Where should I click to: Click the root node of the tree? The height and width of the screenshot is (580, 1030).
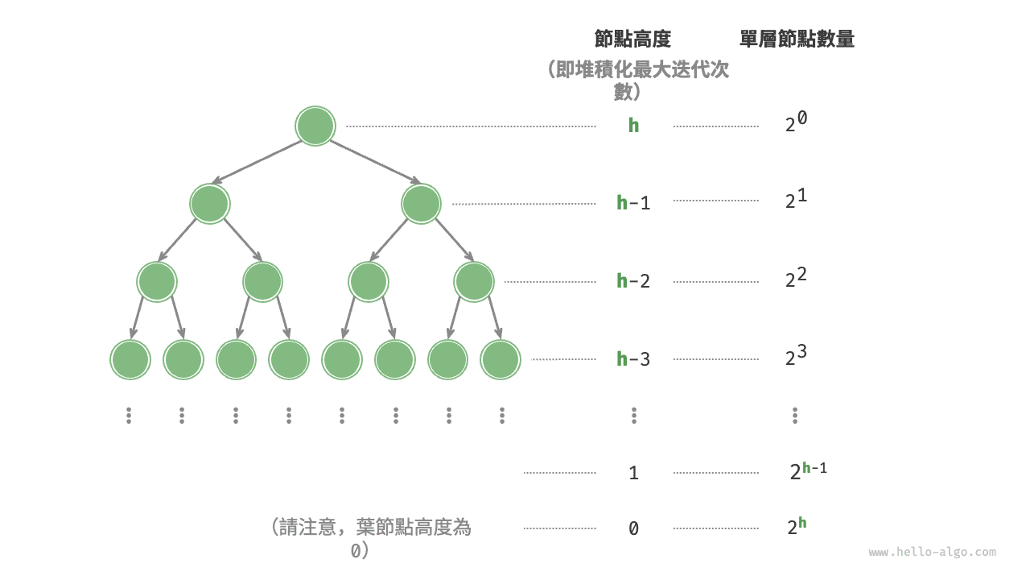[x=315, y=126]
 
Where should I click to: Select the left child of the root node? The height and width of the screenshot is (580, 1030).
[x=210, y=204]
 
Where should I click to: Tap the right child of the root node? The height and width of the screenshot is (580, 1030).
[x=421, y=204]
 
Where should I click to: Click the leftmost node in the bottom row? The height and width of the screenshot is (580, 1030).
[x=130, y=359]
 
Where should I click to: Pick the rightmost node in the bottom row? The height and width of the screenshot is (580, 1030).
[x=501, y=359]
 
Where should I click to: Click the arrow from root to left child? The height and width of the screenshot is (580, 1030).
[x=257, y=162]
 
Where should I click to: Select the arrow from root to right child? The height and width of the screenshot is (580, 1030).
[x=375, y=162]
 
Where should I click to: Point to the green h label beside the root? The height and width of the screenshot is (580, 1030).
[x=633, y=125]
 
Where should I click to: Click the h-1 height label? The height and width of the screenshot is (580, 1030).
[x=633, y=202]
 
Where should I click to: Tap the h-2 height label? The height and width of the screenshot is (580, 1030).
[x=633, y=281]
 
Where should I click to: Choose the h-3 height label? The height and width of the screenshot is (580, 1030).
[x=633, y=359]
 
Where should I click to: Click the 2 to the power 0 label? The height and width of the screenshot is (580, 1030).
[x=796, y=122]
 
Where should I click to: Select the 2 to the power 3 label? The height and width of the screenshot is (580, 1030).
[x=796, y=355]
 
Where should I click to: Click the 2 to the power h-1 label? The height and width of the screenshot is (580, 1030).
[x=809, y=471]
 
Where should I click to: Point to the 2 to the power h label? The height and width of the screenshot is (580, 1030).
[x=797, y=527]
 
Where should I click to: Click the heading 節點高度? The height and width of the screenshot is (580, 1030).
[x=632, y=39]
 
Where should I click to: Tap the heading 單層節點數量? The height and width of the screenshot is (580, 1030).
[x=797, y=39]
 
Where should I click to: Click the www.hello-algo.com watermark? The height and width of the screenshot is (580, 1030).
[x=933, y=552]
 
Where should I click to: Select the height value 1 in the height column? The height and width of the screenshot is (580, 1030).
[x=633, y=473]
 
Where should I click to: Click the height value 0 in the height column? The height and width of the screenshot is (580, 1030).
[x=633, y=528]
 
